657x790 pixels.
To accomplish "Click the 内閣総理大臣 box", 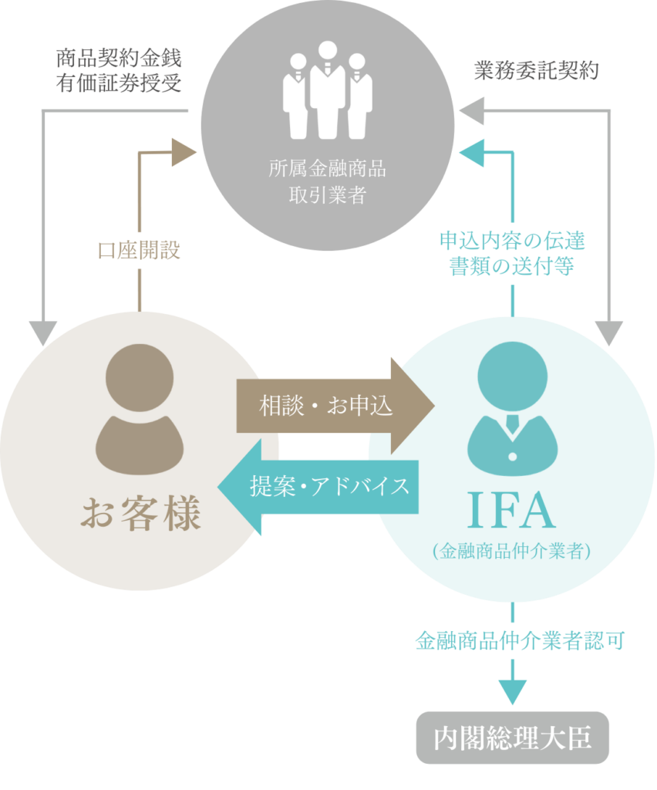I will [x=513, y=738].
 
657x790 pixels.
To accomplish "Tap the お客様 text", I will [x=140, y=512].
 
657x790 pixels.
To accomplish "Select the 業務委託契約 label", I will [x=536, y=71].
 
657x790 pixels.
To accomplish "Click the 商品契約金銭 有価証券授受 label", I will [x=119, y=71].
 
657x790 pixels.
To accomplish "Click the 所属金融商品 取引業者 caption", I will [x=327, y=181].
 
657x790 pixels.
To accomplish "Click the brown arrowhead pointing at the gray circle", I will [x=184, y=153].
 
